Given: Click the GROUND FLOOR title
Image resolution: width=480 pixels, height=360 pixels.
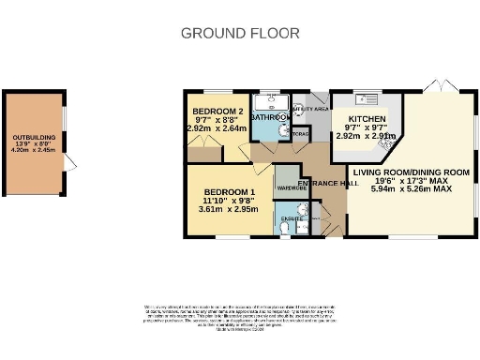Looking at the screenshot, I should point(240,34).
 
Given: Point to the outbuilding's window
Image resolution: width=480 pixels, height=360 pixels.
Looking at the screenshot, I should point(65,116).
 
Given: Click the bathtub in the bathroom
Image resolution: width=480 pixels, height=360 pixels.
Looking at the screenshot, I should point(273,101).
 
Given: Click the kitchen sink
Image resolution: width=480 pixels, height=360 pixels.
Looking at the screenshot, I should point(365,97).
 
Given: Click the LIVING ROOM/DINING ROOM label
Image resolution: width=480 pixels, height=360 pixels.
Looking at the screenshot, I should point(411,172).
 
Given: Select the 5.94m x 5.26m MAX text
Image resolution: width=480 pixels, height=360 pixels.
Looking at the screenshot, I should point(411,188).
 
